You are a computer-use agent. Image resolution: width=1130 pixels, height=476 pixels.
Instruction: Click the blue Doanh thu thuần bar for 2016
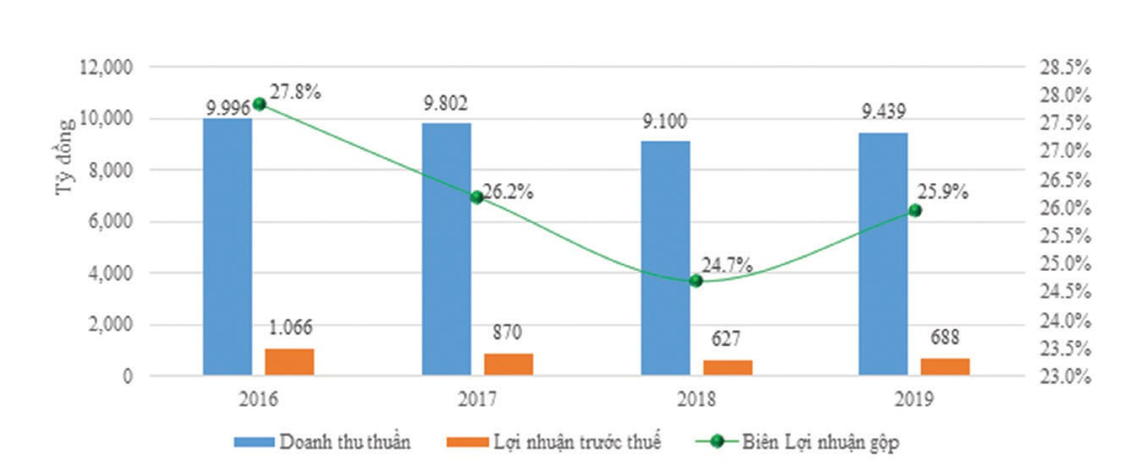tap(227, 246)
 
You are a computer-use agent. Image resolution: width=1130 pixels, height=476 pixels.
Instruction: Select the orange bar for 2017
tap(508, 364)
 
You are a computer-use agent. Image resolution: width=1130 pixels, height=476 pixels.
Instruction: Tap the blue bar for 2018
tap(664, 258)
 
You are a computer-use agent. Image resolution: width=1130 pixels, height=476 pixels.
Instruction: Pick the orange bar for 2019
tap(945, 367)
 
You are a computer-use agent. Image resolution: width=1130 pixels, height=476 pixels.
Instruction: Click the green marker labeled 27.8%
tap(260, 104)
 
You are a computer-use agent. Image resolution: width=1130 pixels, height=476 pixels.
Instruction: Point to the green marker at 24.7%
tap(696, 280)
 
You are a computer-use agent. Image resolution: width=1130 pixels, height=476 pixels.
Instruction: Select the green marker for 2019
tap(914, 210)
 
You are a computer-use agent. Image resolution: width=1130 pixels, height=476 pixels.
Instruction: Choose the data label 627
tap(726, 339)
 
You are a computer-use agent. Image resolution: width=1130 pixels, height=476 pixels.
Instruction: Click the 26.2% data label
tap(508, 191)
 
